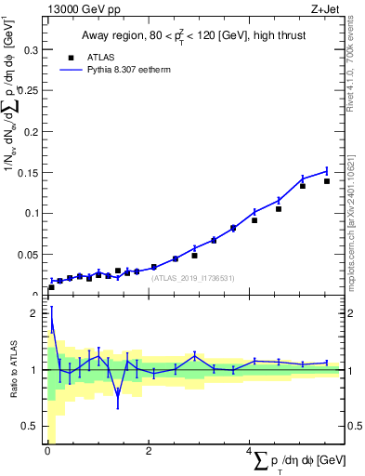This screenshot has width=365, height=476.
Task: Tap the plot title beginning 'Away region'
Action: [x=193, y=36]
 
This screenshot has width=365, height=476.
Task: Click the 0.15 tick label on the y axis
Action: [x=25, y=173]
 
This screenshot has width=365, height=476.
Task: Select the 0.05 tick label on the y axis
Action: [x=25, y=253]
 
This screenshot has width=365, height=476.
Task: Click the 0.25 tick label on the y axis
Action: [x=25, y=93]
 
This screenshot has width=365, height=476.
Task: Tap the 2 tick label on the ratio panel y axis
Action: [x=33, y=313]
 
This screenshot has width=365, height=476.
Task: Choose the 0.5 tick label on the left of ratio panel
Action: [x=28, y=426]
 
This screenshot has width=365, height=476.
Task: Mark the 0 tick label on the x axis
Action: [x=46, y=452]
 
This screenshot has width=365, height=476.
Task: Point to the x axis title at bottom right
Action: [x=297, y=462]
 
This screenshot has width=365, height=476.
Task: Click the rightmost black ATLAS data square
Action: [x=327, y=181]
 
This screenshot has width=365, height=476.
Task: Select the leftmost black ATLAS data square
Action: [x=51, y=287]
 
